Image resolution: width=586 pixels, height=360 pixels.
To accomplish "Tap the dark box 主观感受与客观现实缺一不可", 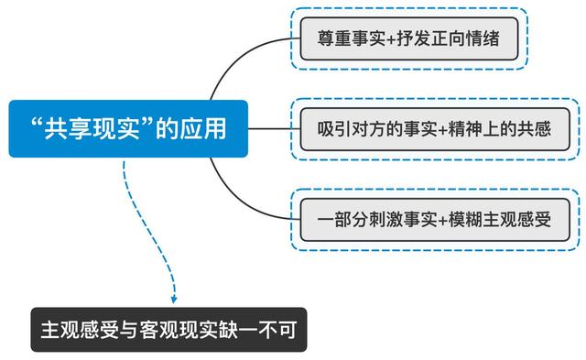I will tap(168, 328).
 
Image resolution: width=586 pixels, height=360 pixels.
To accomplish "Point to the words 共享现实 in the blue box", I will tap(90, 128).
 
